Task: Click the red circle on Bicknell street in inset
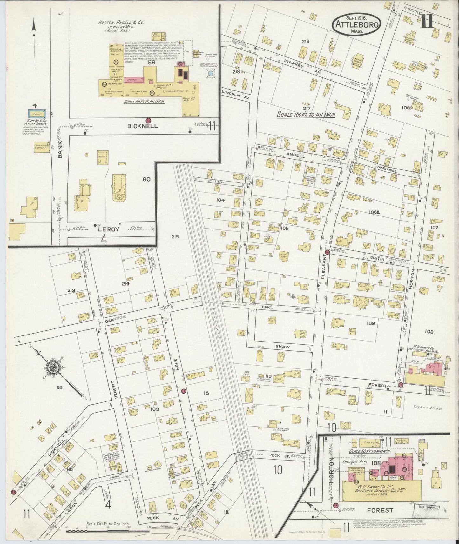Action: pyautogui.click(x=148, y=120)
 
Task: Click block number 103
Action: pyautogui.click(x=155, y=409)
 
